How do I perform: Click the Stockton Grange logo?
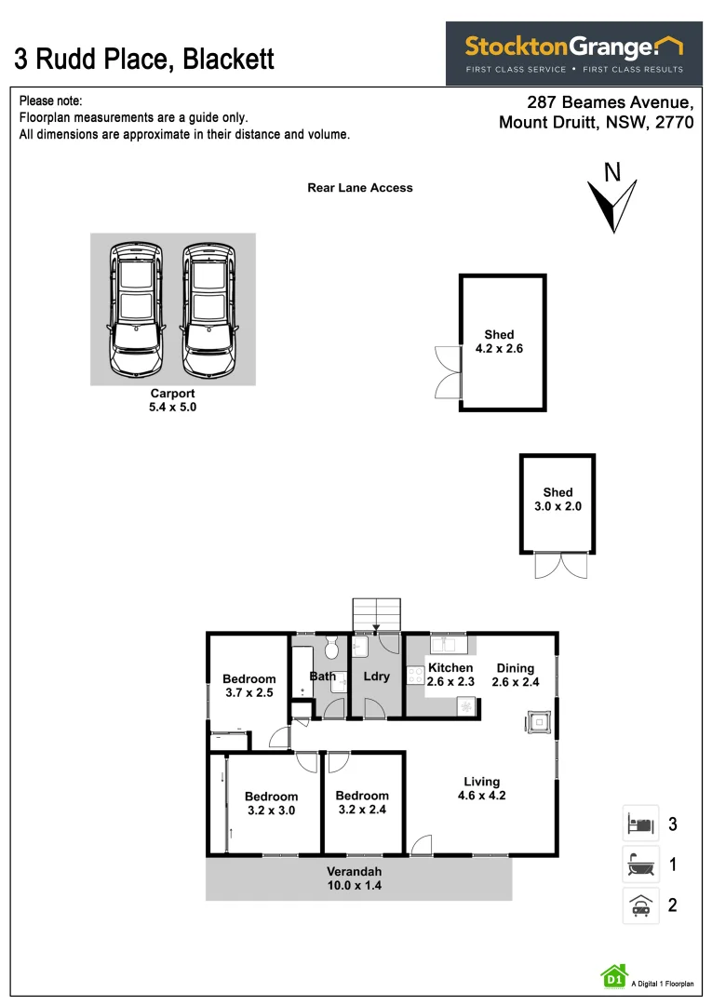[573, 53]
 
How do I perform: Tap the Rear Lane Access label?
[360, 188]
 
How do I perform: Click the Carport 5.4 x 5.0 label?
[173, 400]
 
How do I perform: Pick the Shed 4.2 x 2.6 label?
[499, 342]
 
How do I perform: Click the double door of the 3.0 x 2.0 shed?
[562, 566]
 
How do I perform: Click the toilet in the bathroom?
[331, 648]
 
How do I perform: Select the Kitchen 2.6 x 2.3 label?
[450, 675]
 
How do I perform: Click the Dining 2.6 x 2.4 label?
[516, 675]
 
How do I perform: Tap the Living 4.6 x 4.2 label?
[481, 788]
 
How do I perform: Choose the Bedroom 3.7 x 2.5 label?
[249, 686]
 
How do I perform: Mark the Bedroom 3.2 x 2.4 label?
[362, 802]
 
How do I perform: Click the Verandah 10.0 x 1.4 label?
[354, 878]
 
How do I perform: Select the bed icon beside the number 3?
[640, 824]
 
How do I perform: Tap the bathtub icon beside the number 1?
[640, 864]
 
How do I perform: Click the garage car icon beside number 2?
[640, 905]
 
